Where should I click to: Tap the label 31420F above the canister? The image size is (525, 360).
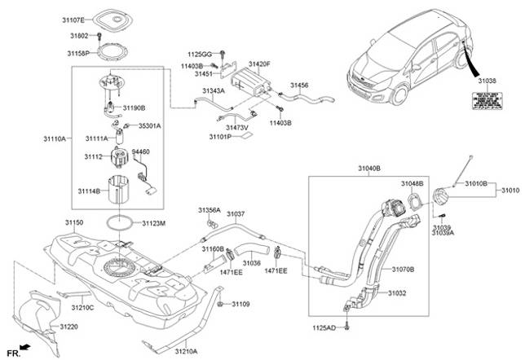[259, 64]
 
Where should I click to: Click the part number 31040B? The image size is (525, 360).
[368, 168]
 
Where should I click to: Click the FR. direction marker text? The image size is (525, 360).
[14, 352]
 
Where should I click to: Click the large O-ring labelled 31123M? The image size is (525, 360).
[120, 221]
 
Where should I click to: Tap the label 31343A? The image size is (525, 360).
[214, 90]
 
